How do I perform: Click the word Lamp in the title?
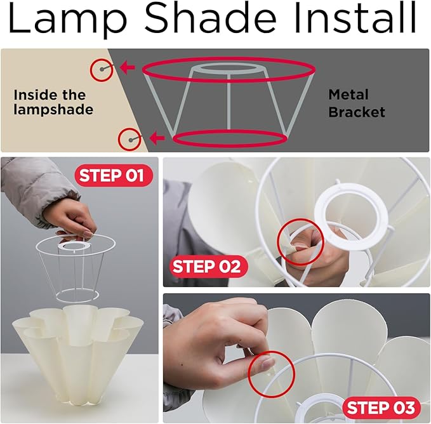point(68,20)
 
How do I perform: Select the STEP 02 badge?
point(206,266)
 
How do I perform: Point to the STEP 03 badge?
point(381,407)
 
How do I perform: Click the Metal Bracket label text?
point(357,103)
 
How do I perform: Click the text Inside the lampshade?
point(53,102)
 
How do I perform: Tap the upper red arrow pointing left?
point(127,67)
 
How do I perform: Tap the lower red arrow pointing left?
point(157,137)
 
